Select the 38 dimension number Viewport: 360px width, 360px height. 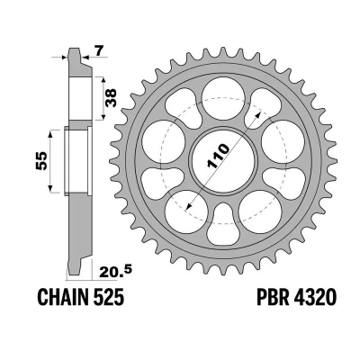(x=111, y=98)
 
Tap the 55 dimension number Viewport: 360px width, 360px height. (x=41, y=161)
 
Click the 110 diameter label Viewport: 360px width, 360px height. (x=218, y=156)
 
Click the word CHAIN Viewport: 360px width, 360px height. (x=62, y=297)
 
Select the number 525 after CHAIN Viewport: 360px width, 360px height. (x=107, y=297)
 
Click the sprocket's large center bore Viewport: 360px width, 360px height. (x=223, y=160)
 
